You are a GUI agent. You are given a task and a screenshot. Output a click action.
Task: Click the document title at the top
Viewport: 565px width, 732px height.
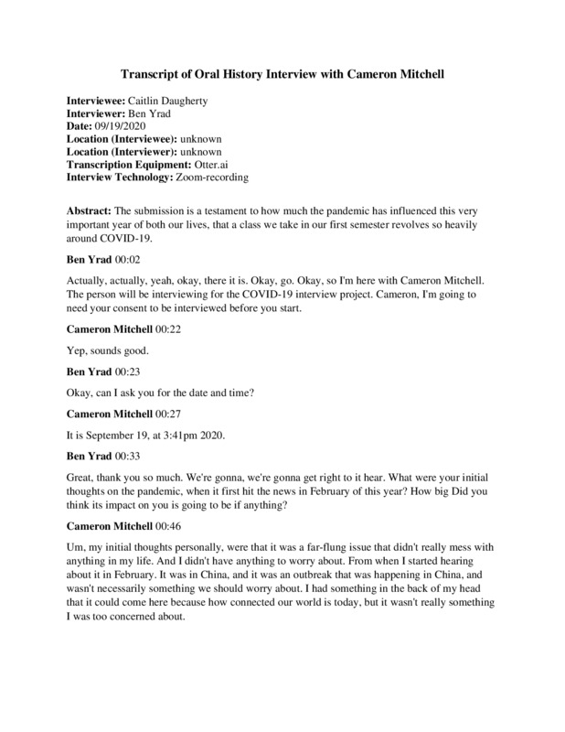pos(282,72)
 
